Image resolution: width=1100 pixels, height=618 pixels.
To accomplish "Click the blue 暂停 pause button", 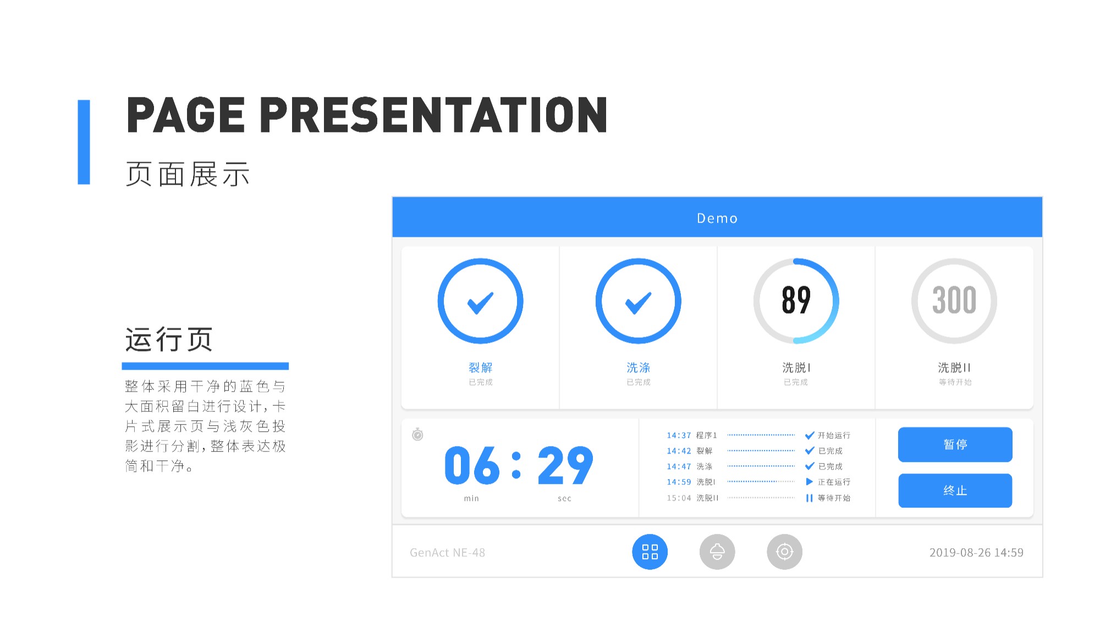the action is pos(955,444).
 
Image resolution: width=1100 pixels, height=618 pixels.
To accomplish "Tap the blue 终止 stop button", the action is pos(955,491).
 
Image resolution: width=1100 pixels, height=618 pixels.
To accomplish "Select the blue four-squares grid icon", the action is pos(650,552).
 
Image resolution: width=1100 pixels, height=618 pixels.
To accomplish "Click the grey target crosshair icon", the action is pos(784,552).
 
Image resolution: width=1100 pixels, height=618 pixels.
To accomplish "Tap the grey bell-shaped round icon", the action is pos(717,552).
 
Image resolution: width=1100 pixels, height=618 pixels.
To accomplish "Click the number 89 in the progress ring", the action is pos(796,300).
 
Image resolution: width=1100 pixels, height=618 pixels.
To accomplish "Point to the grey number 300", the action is pos(954,300).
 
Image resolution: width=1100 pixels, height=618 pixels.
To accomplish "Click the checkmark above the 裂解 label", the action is pos(480,303).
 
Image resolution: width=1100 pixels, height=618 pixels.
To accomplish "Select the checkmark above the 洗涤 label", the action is pos(638,303).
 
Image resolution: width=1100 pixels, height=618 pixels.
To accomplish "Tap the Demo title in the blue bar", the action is pos(717,218).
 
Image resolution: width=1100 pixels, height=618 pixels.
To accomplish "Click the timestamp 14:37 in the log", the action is pos(679,435).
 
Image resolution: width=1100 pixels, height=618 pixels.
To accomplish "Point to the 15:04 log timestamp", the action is pos(679,498).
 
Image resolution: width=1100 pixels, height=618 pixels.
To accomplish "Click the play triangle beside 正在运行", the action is pos(809,482).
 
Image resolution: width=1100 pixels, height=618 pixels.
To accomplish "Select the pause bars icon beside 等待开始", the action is pos(809,498).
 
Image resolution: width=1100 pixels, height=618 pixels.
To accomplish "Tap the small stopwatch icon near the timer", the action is pos(417,435).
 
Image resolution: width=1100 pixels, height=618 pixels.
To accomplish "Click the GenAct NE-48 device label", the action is pos(447,553).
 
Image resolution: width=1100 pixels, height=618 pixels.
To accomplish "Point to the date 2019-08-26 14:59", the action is pos(976,553).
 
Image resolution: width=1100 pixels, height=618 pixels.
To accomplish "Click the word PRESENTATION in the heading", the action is pos(433,115).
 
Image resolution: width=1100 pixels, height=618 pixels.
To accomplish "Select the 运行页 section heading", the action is pos(169,339).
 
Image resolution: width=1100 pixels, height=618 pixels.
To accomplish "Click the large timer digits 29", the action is pos(565,465).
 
